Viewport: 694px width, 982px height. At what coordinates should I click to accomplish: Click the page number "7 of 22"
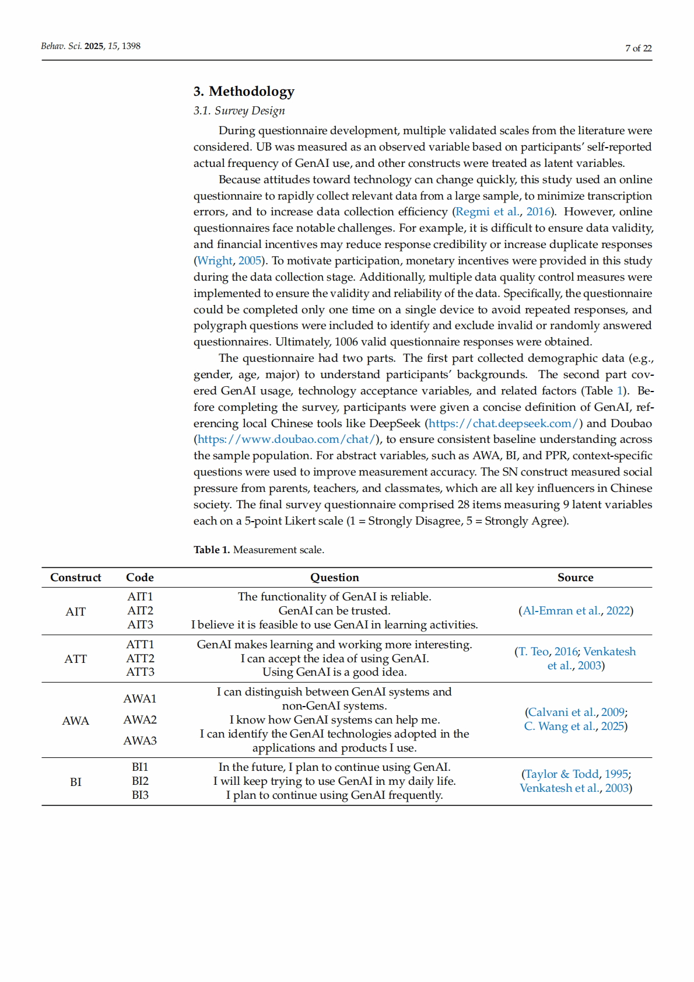638,48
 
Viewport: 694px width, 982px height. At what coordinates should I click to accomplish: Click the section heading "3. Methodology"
244,92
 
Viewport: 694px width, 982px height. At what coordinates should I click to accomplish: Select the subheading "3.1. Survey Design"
239,111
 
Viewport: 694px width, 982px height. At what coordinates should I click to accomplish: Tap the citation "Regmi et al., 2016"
503,212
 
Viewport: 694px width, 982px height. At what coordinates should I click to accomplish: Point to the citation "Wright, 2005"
229,261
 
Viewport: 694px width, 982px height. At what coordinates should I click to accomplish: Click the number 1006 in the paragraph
346,342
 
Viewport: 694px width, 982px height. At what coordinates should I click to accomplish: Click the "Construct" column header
76,578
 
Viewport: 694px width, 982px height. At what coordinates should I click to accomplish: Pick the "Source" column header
575,578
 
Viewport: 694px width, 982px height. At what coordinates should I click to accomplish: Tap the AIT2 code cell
140,611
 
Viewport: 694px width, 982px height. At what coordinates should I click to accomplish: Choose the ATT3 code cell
140,672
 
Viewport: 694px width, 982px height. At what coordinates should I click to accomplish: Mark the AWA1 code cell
140,699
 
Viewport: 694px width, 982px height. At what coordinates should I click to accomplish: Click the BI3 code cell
140,795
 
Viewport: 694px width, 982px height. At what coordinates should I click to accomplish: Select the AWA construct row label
76,721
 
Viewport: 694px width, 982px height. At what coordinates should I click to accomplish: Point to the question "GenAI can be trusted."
334,611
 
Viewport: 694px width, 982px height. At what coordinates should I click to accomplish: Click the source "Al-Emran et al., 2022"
576,611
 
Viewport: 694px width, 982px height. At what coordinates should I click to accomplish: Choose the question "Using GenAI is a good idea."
334,672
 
